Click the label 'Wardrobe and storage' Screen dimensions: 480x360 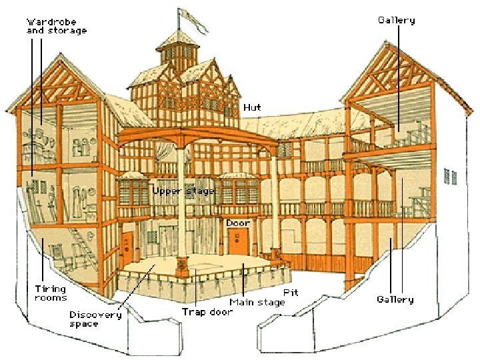(x=56, y=26)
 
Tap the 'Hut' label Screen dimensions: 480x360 (x=252, y=107)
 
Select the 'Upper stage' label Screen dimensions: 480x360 (x=183, y=191)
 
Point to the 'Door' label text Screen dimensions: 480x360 (x=238, y=222)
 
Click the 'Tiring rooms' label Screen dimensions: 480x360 (x=51, y=293)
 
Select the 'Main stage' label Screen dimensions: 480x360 (x=257, y=302)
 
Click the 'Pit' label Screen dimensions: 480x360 (x=291, y=292)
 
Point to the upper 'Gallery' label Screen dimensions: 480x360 (x=396, y=20)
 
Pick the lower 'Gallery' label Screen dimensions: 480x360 (x=395, y=300)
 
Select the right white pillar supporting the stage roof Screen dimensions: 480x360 (x=274, y=200)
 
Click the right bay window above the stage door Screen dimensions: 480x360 (x=239, y=191)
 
